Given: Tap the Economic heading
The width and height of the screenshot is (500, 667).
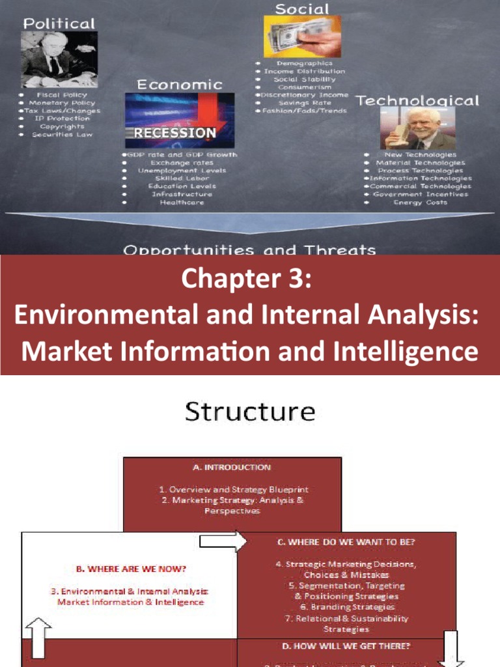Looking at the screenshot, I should (x=179, y=84).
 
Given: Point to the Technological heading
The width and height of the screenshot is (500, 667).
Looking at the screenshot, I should (x=417, y=100).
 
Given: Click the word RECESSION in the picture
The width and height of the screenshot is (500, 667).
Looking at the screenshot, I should (x=174, y=133).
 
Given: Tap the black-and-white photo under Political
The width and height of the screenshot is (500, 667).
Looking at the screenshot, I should (x=59, y=59).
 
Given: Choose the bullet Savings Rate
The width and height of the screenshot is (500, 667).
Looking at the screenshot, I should (x=304, y=102).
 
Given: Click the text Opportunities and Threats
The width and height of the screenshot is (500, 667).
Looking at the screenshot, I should (x=249, y=249).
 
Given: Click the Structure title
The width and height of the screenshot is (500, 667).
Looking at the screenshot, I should (x=250, y=412).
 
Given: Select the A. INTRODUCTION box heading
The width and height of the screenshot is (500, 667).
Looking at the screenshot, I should (x=232, y=467).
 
